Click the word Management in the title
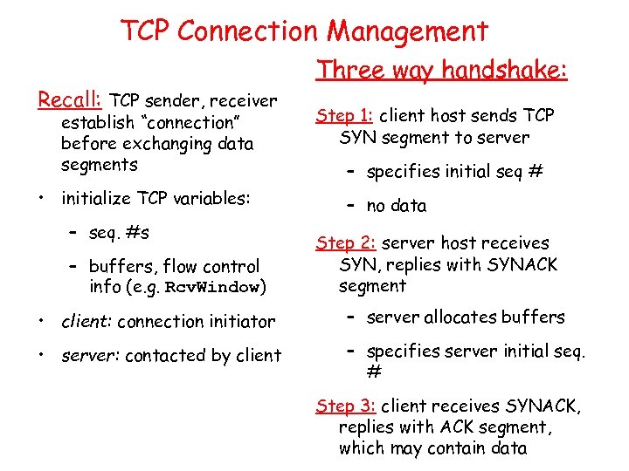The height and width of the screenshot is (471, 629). pos(407,31)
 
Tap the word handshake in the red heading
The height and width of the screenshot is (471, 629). pos(504,70)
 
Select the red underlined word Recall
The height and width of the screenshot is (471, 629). pos(71,99)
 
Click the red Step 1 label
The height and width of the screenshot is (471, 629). pos(345,115)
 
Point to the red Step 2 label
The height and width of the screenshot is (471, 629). pos(345,243)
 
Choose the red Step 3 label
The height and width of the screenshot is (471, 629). pos(345,406)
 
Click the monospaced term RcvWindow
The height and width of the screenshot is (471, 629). pos(218,288)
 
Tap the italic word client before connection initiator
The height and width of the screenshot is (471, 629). pos(86,322)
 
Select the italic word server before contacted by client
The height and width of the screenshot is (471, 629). pos(88,355)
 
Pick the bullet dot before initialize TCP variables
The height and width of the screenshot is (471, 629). pos(42,198)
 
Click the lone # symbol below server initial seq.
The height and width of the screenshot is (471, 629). pos(373,372)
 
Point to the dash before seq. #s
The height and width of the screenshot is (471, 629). pos(74,233)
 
